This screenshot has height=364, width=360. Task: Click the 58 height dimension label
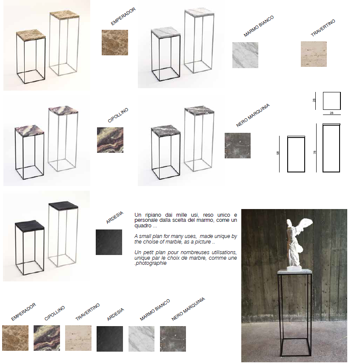[277, 153]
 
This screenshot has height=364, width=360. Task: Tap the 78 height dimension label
[314, 152]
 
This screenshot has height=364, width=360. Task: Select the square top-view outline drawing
[331, 101]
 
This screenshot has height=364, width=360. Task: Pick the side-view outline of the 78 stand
[331, 148]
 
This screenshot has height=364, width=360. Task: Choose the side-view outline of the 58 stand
[296, 154]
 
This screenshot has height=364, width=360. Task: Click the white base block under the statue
[294, 268]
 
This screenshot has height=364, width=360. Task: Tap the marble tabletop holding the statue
[294, 271]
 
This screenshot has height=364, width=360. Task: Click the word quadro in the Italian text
[143, 226]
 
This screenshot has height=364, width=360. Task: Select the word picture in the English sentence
[203, 242]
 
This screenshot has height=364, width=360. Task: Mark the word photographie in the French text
[151, 263]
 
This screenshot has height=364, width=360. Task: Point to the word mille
[181, 215]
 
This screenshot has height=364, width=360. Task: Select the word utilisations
[224, 252]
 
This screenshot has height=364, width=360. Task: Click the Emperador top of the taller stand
[65, 15]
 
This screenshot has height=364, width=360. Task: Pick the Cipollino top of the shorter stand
[29, 130]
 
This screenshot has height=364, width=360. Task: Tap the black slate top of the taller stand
[63, 206]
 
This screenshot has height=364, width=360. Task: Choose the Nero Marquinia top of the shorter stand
[166, 130]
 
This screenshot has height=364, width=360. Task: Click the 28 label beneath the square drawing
[331, 113]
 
